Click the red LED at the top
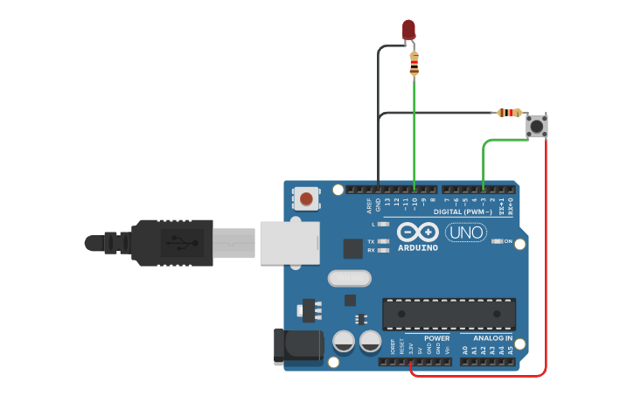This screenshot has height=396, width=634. tap(408, 30)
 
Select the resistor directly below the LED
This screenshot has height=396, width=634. tap(414, 63)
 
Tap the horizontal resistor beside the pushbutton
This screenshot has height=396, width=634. tap(509, 112)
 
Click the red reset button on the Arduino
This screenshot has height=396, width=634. tap(306, 198)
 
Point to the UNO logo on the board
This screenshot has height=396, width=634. tap(466, 233)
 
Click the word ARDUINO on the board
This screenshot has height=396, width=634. tap(418, 248)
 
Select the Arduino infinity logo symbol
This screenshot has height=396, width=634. tap(417, 233)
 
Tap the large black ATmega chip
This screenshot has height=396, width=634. tap(448, 314)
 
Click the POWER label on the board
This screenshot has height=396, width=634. tap(437, 338)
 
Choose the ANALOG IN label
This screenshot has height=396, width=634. tap(492, 338)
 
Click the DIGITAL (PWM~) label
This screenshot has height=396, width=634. tap(463, 212)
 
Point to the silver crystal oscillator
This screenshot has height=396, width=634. tap(349, 279)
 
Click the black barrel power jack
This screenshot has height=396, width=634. tap(292, 346)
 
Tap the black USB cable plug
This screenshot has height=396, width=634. tap(171, 241)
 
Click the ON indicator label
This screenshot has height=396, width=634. tap(507, 241)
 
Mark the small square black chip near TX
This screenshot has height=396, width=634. tap(352, 249)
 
